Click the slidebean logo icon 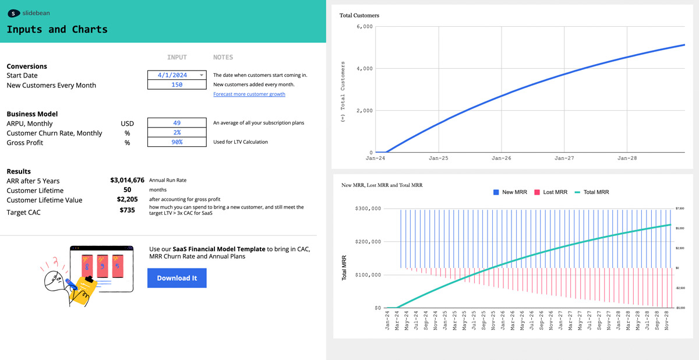pyautogui.click(x=14, y=12)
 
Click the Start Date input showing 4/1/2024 pyautogui.click(x=177, y=75)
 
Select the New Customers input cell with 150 pyautogui.click(x=177, y=84)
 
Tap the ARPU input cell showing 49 pyautogui.click(x=177, y=123)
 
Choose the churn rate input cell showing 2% pyautogui.click(x=177, y=133)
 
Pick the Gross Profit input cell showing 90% pyautogui.click(x=177, y=142)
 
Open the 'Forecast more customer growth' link pyautogui.click(x=249, y=94)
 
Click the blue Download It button pyautogui.click(x=176, y=278)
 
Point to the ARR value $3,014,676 pyautogui.click(x=127, y=181)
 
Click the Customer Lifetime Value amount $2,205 pyautogui.click(x=127, y=200)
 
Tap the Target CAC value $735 pyautogui.click(x=127, y=210)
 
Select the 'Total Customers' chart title pyautogui.click(x=359, y=16)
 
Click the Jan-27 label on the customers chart pyautogui.click(x=564, y=158)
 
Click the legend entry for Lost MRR pyautogui.click(x=550, y=192)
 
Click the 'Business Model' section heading pyautogui.click(x=32, y=114)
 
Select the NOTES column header pyautogui.click(x=223, y=57)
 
